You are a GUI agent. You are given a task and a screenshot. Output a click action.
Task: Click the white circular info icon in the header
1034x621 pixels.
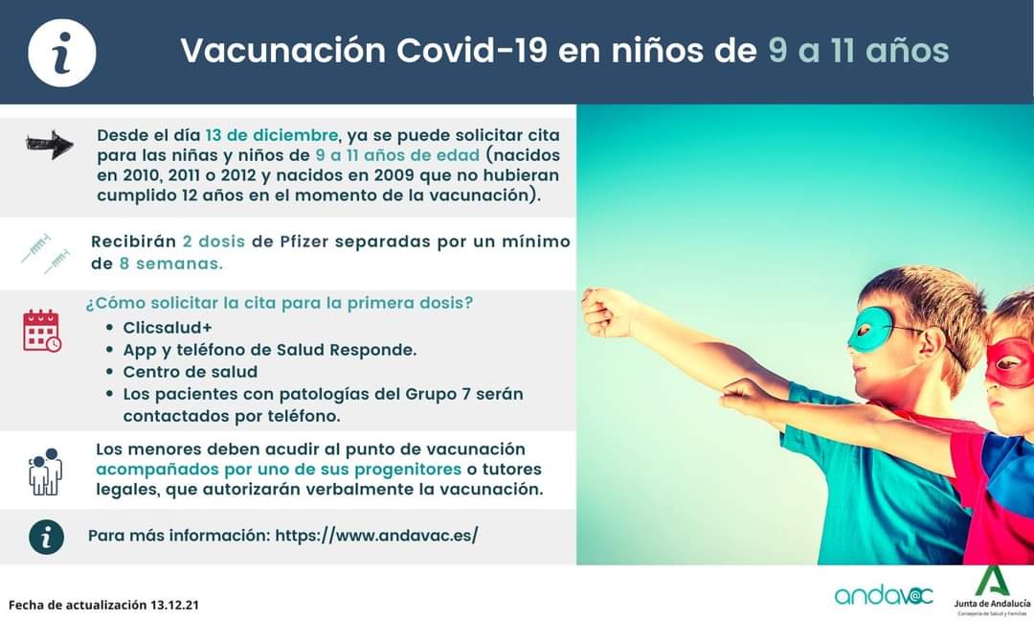62,53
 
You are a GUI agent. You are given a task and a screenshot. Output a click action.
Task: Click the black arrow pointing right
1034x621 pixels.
50,145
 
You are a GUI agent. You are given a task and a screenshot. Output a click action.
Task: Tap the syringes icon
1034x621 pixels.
46,253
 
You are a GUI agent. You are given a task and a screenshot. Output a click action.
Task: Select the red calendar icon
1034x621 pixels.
42,331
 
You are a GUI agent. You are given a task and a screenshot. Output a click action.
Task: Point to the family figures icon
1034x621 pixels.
46,471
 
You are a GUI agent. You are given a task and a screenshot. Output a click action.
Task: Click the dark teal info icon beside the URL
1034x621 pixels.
46,537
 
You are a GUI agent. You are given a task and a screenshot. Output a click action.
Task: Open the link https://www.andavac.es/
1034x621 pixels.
376,535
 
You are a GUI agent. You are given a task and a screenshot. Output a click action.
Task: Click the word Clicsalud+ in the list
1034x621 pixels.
168,328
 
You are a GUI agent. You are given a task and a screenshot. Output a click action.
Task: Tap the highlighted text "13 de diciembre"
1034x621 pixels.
272,135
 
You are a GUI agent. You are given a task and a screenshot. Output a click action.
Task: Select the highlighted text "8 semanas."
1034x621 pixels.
170,264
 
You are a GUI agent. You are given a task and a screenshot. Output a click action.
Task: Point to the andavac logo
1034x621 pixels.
884,595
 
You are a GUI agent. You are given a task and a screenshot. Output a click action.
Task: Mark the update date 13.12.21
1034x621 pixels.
174,605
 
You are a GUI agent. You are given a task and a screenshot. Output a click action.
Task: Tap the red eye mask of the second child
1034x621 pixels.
1009,362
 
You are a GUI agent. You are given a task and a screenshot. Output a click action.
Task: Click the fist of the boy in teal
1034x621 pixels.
600,311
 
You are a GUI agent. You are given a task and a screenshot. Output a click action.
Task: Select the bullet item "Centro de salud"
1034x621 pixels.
190,372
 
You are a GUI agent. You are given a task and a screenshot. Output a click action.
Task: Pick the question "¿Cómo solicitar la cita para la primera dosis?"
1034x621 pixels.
279,303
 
